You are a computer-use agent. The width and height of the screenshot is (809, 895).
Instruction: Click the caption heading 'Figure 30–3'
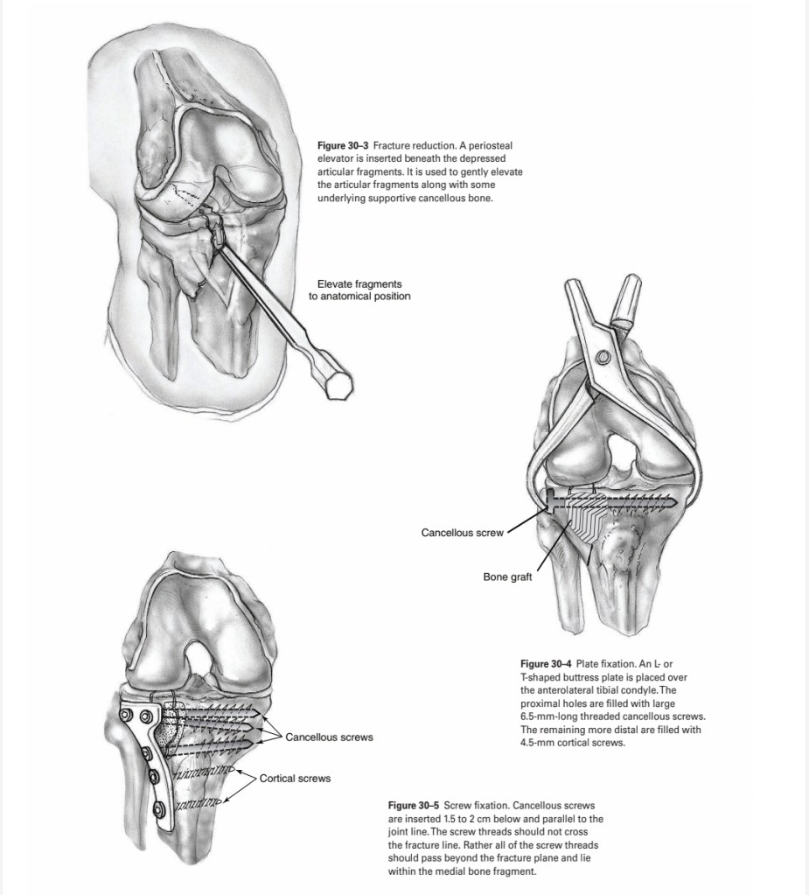click(342, 142)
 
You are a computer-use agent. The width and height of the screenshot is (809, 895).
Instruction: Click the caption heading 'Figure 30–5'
click(414, 804)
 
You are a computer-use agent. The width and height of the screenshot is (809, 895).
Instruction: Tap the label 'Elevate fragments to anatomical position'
click(359, 290)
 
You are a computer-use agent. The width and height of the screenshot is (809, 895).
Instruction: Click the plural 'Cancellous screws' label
click(329, 738)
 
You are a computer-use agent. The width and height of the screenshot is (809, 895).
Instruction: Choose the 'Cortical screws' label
click(295, 778)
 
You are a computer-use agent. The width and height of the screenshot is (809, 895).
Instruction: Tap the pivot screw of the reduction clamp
click(603, 360)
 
